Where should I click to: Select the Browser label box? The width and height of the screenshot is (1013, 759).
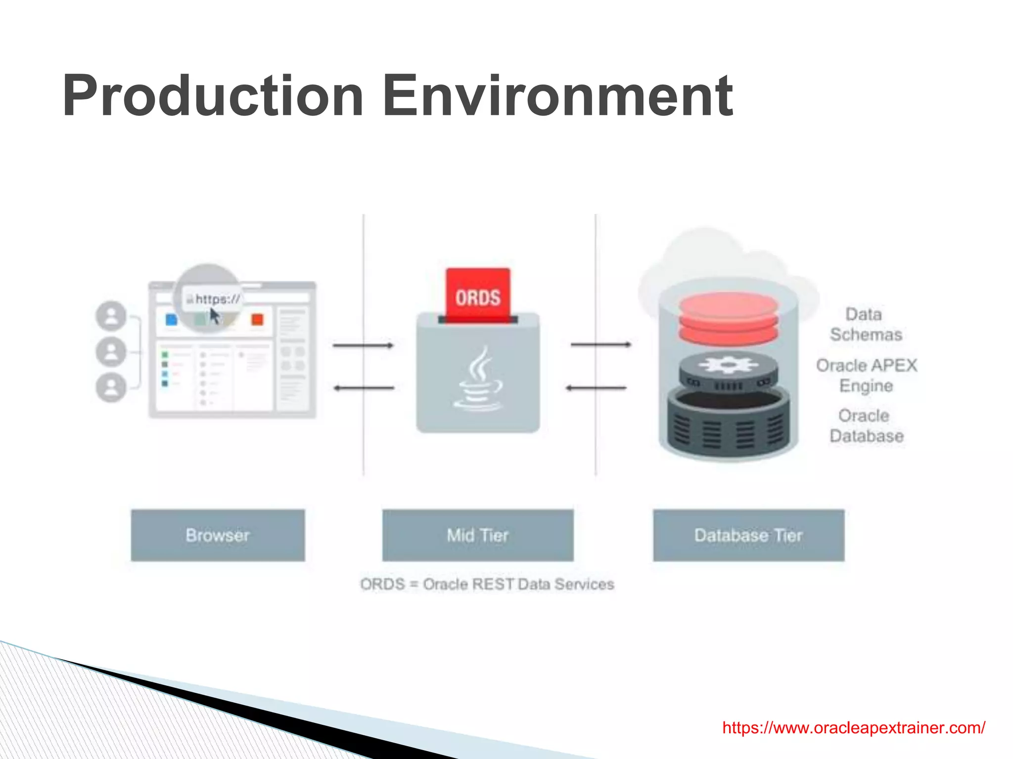pos(218,535)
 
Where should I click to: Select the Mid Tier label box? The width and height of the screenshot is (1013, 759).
pos(478,535)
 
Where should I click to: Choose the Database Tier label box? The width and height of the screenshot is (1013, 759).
pos(748,535)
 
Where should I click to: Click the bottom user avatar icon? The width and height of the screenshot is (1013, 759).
pos(111,387)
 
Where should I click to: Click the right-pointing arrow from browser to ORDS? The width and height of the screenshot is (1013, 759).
pos(364,345)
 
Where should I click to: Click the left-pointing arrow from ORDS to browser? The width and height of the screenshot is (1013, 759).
pos(364,388)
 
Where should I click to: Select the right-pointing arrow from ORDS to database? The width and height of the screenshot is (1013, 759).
pos(601,344)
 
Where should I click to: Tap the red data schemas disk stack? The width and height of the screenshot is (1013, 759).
pos(728,319)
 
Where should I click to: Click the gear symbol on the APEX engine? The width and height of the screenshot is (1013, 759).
pos(728,365)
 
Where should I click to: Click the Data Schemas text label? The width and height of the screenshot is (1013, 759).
pos(866,325)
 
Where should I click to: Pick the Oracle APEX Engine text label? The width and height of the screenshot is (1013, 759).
pos(867,376)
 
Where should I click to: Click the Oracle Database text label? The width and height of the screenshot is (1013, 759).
pos(866,426)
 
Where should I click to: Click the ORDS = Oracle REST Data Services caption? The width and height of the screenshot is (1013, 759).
pos(487,584)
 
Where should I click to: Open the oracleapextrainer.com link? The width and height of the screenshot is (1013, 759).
pos(854,727)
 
